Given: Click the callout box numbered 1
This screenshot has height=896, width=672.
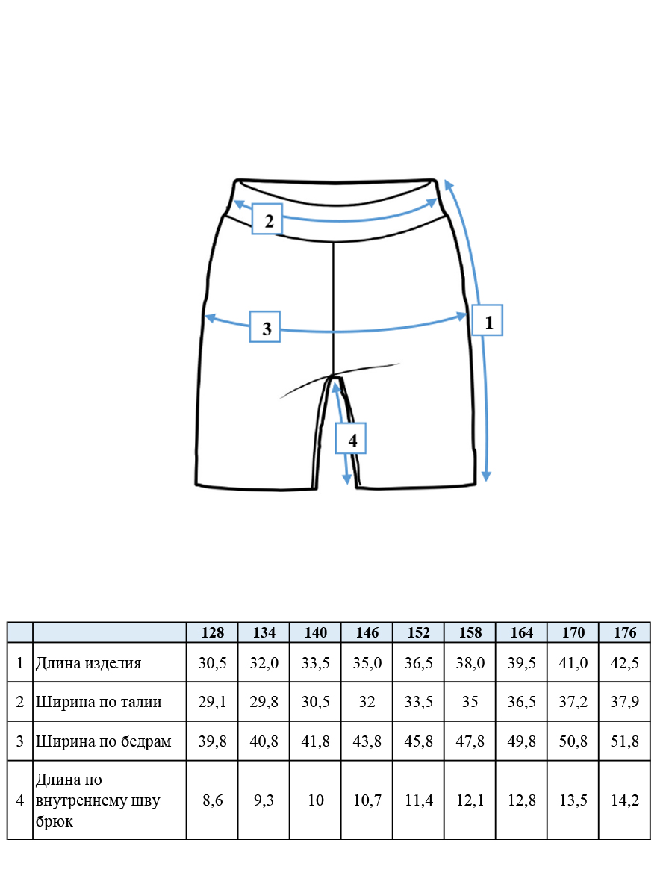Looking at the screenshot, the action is [487, 320].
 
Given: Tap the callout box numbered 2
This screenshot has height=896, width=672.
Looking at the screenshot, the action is [267, 219].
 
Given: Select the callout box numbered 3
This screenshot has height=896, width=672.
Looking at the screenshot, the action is [265, 326].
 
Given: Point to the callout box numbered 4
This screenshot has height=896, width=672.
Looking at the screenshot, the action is [350, 438].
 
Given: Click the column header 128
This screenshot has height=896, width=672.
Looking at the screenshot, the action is [212, 632].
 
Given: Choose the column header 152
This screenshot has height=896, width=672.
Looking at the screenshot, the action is [418, 632].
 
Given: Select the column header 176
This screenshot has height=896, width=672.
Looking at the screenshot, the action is [625, 632].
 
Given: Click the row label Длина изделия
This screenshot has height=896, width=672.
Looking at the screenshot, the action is [89, 663].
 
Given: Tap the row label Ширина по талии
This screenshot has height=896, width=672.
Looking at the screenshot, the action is [99, 702].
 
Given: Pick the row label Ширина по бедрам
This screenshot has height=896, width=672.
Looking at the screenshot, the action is [104, 741].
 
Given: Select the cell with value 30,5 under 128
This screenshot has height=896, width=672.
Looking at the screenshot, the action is [212, 663].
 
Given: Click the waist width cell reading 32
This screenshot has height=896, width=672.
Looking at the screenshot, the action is [367, 702].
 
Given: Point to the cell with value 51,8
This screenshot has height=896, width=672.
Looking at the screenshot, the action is [625, 741].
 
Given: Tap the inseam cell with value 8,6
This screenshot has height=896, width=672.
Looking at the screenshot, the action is [212, 800].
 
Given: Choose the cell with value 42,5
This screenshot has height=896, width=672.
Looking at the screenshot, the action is [625, 663].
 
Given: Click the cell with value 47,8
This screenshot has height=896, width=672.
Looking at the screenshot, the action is [470, 741].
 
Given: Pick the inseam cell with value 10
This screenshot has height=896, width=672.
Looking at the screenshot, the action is [315, 800].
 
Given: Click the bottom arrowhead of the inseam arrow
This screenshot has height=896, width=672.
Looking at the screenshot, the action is [346, 479].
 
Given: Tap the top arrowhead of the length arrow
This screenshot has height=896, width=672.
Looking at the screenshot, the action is [448, 184].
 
